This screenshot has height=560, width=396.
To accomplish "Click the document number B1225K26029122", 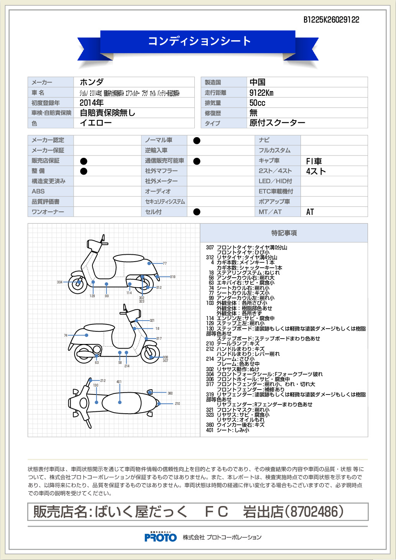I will (331, 20).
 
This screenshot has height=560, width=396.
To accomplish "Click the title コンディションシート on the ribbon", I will (199, 41).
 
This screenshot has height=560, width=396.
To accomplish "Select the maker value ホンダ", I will (92, 82).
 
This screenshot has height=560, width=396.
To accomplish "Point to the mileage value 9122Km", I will (261, 93).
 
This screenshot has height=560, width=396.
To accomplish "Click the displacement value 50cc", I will (257, 103).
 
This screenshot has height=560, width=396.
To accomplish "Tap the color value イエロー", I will (95, 123).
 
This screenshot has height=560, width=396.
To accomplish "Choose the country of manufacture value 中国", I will (257, 82).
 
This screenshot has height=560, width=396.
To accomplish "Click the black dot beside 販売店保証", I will (84, 161).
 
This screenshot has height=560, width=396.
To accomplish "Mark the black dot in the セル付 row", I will (197, 212).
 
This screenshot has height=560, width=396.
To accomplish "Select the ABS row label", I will (38, 191).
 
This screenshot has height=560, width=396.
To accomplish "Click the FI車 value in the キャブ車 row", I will (314, 161).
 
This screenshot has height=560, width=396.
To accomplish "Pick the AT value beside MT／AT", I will (310, 212).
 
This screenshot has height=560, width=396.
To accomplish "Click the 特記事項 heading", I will (284, 233).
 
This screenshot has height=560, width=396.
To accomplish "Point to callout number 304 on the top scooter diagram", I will (59, 282).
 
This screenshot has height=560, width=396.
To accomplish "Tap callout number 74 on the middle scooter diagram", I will (66, 336).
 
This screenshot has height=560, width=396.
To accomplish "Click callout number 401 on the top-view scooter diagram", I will (119, 382).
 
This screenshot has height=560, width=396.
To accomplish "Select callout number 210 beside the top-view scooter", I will (177, 404).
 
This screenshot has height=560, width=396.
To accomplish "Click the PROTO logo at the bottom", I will (161, 537).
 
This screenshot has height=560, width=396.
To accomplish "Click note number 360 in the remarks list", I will (210, 425).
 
